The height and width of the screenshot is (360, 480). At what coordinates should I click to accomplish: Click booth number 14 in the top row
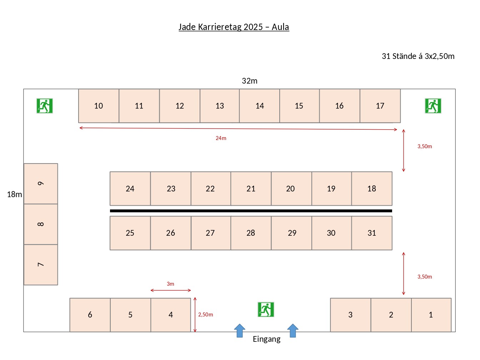coord(259,106)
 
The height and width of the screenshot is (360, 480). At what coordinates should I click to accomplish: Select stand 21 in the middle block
coord(251,189)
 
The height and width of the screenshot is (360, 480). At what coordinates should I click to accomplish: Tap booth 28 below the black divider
coord(251,233)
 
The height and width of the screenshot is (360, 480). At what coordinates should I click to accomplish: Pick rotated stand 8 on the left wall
coord(41,224)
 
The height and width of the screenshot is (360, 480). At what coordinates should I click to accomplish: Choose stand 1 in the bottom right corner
coord(431,315)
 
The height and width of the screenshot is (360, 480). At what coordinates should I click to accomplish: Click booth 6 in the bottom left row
coord(90,315)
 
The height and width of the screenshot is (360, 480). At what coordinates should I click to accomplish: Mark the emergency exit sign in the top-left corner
coord(45,106)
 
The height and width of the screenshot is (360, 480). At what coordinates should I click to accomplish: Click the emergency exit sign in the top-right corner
coord(433,106)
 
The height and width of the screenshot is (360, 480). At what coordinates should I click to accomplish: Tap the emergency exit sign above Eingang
coord(266,310)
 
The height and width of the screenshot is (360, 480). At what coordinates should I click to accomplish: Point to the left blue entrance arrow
coord(240,330)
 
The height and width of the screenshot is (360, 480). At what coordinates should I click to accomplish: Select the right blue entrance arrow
coord(292,330)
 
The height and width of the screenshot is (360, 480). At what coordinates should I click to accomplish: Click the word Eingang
coord(266,339)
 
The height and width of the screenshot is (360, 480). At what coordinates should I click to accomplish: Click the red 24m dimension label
coord(221,138)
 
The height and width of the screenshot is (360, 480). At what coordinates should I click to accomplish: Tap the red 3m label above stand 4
coord(170,284)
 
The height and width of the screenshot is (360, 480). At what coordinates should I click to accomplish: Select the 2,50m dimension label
coord(205,315)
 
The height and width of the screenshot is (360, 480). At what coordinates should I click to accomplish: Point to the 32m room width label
coord(250,81)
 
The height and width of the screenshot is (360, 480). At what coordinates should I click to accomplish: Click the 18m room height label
coord(14,194)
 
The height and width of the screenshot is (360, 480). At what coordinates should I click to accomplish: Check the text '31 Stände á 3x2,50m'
coord(418,56)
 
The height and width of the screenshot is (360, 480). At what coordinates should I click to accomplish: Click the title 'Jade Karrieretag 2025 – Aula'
coord(234,27)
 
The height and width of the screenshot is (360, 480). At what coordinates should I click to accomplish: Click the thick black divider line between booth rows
coord(251,211)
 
